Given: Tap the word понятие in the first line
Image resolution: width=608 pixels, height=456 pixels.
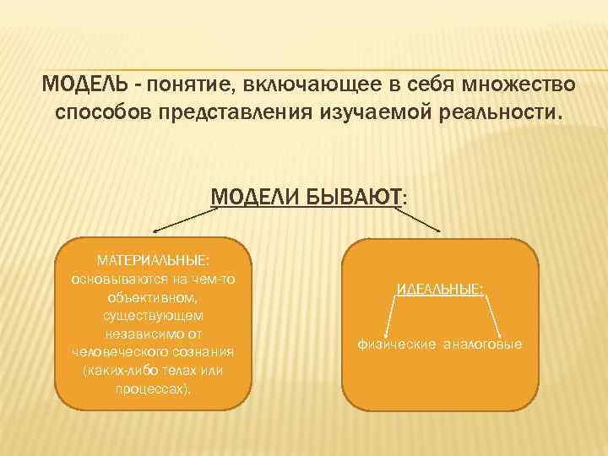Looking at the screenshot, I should pos(188,85).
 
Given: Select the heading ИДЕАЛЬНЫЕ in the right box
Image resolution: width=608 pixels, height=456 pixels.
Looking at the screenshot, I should pos(440,290).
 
